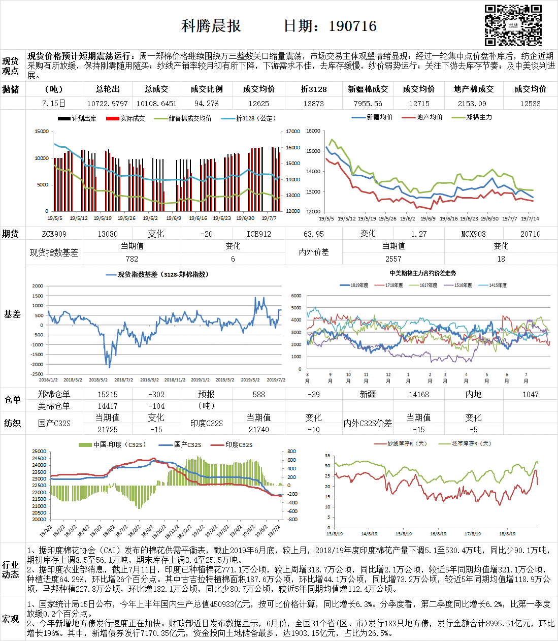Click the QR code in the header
tap(513, 25)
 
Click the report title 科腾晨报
tap(211, 26)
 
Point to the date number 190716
tap(352, 26)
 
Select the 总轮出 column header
tap(108, 89)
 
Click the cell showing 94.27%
tap(206, 104)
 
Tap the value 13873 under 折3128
tap(313, 104)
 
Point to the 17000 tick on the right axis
tap(293, 132)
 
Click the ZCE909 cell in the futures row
tap(54, 234)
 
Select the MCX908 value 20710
tap(530, 234)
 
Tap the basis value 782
tap(132, 259)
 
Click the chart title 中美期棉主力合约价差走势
tap(422, 273)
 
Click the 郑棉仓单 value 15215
tap(108, 395)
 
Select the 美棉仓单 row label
tap(54, 406)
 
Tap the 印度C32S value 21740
tap(259, 430)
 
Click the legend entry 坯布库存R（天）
tap(472, 443)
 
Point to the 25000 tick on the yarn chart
tap(39, 452)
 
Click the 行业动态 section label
tap(11, 569)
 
